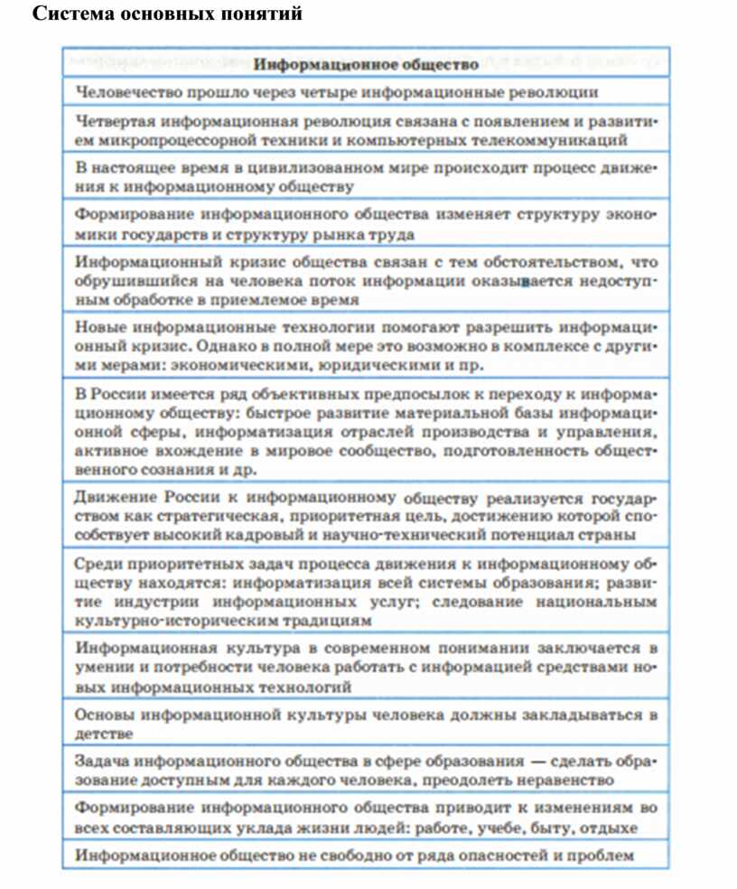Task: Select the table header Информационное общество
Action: coord(366,64)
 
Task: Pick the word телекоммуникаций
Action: coord(564,140)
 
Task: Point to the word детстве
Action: coord(104,734)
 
